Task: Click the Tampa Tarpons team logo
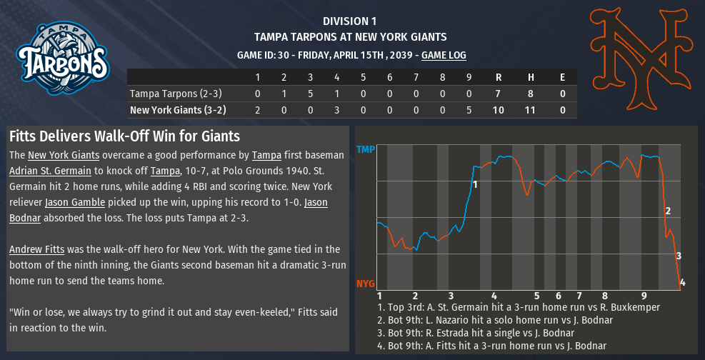(62, 59)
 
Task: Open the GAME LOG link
(444, 55)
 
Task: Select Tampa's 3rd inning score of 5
(310, 94)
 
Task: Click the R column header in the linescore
(499, 77)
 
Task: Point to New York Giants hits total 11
(531, 110)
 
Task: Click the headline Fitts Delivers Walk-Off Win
(124, 136)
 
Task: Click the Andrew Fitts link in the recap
(37, 249)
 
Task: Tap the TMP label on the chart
(366, 151)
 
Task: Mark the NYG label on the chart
(366, 284)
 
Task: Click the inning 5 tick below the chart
(536, 295)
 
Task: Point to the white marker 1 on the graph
(474, 185)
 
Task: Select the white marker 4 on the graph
(682, 283)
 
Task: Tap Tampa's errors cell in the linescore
(562, 94)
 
